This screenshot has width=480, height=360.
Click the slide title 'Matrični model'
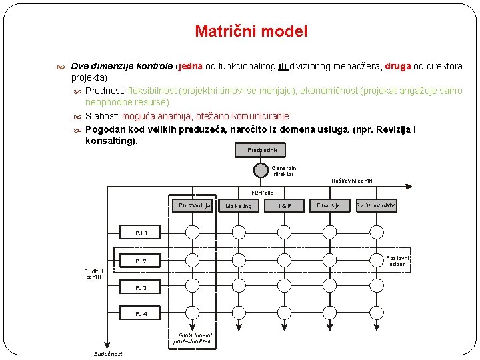[x=251, y=31]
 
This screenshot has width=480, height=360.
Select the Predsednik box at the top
[x=257, y=150]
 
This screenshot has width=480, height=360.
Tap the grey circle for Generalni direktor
[x=261, y=169]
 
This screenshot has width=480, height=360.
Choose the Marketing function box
[x=238, y=206]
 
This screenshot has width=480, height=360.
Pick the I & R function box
[x=285, y=206]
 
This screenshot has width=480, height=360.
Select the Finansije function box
[x=328, y=206]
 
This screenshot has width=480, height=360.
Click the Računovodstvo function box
[x=377, y=206]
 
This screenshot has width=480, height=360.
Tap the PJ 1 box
[x=141, y=233]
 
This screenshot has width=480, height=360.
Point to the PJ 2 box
[x=141, y=261]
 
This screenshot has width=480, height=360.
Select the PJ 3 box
[x=141, y=288]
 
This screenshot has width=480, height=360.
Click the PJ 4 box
[x=141, y=313]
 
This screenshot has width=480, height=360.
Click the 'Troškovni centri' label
[x=351, y=181]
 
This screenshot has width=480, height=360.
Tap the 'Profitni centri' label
[x=93, y=273]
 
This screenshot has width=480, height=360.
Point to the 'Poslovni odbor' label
[x=398, y=261]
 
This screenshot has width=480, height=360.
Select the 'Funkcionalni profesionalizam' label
[x=193, y=338]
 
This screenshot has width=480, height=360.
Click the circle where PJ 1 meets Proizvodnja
[x=193, y=232]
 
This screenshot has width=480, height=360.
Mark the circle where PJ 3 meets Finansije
[x=331, y=285]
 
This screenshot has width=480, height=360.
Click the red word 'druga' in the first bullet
[x=398, y=67]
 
